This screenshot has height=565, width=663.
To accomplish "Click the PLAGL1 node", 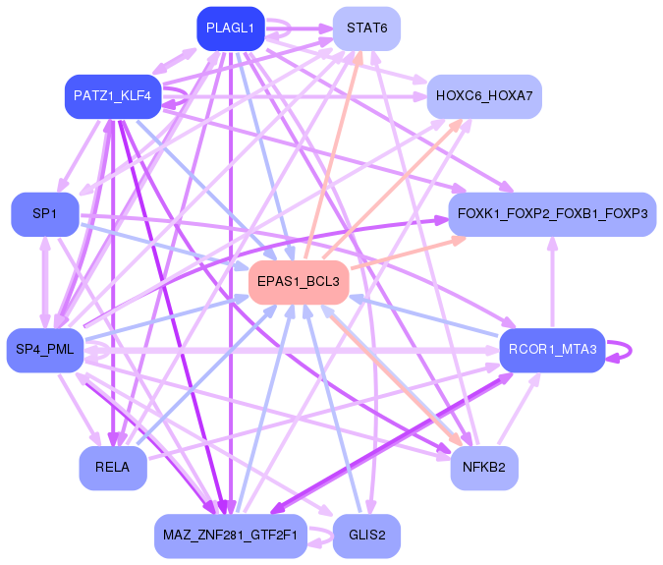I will tap(230, 28).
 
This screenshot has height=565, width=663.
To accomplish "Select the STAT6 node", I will tap(366, 28).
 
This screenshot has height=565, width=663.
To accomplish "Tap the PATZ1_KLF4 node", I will tap(112, 96).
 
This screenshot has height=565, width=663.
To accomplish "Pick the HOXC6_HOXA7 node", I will tap(483, 96).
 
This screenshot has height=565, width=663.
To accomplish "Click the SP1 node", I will tap(44, 213).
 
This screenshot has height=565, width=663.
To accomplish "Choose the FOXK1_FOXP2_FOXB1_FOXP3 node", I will tap(551, 213).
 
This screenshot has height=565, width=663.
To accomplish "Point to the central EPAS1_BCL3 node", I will tap(299, 282).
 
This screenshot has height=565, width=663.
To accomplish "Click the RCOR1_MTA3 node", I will tap(551, 350).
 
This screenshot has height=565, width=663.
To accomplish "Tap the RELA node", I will tap(113, 467).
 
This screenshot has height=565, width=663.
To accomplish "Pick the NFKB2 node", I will tap(484, 467).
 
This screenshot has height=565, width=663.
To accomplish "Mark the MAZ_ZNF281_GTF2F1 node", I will tap(231, 536).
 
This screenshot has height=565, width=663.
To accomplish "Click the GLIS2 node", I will tap(366, 536).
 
